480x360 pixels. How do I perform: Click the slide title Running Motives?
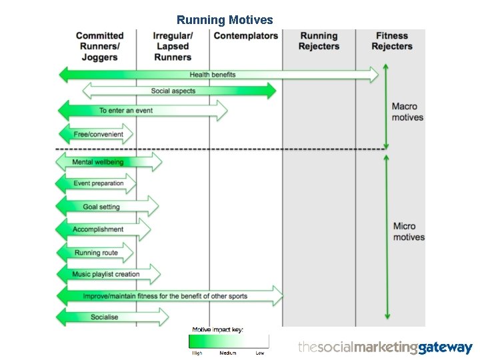[x=225, y=20]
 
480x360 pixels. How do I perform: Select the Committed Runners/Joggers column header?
[x=100, y=46]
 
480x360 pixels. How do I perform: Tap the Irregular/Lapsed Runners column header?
[x=173, y=46]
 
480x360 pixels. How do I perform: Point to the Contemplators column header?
[x=245, y=36]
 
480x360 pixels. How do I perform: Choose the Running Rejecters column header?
[x=319, y=41]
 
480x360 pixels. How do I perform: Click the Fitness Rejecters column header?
[x=391, y=41]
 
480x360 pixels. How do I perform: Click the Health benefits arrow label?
[x=213, y=75]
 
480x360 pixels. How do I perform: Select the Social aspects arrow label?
[x=173, y=91]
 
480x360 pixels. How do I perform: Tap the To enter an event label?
[x=126, y=111]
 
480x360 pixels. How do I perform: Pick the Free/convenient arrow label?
[x=99, y=134]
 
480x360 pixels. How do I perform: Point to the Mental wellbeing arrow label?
[x=98, y=162]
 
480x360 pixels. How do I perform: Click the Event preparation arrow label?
[x=99, y=183]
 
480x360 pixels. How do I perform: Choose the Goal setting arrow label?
[x=101, y=207]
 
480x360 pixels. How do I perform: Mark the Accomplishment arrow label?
[x=98, y=229]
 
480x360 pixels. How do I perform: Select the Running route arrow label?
[x=97, y=253]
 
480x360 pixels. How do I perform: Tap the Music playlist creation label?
[x=107, y=274]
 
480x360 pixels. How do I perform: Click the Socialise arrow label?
[x=104, y=317]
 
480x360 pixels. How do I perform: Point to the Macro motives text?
[x=407, y=112]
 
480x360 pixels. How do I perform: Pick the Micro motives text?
[x=409, y=232]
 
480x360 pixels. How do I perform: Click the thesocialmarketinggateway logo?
[x=385, y=347]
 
